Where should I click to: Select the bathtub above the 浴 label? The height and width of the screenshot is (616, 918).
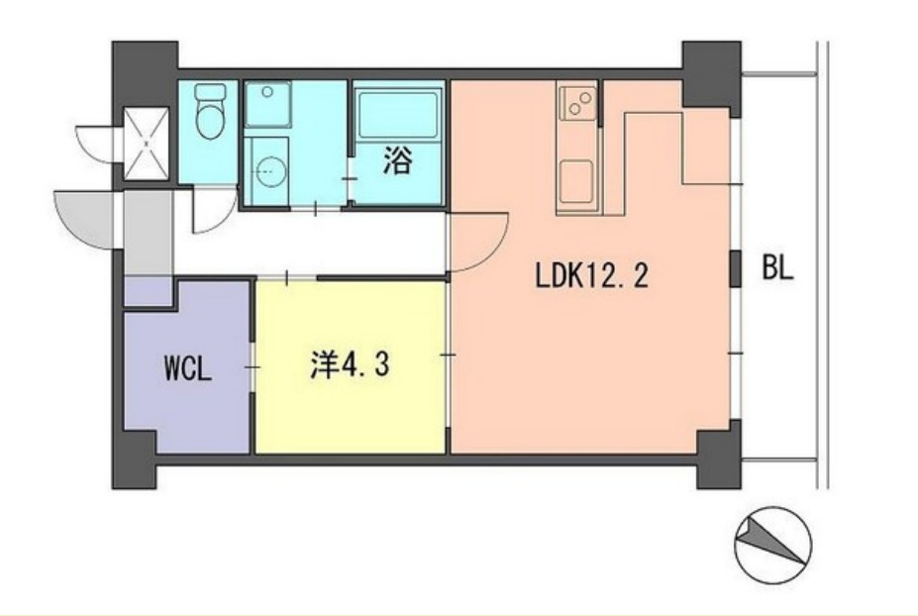click(396, 114)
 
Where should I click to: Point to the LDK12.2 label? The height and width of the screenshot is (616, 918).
click(591, 276)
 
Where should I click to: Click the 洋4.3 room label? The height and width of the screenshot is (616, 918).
click(349, 365)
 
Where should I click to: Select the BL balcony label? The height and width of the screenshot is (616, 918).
click(777, 269)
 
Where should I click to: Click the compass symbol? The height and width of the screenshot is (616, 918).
click(772, 544)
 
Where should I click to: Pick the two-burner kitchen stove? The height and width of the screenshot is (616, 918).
click(577, 102)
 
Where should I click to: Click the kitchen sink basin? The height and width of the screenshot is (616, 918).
click(577, 182)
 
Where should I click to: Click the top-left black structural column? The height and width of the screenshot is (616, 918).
click(144, 69)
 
